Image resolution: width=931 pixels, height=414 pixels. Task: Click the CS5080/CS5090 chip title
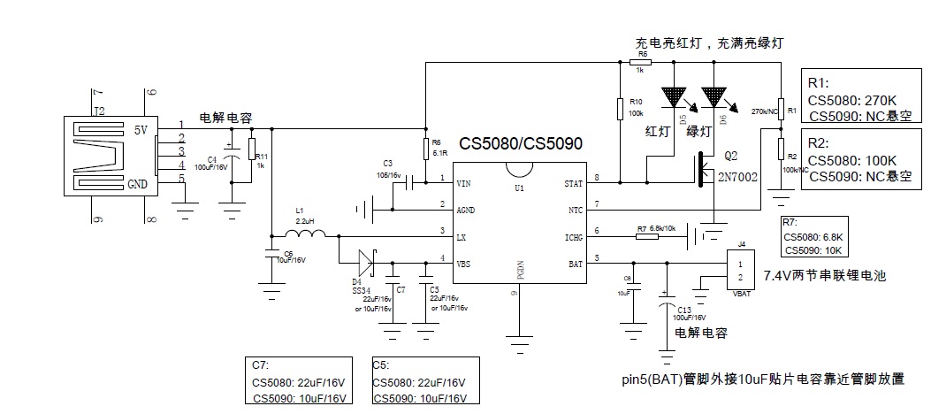[x=520, y=144]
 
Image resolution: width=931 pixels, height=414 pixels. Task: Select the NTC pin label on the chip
[x=576, y=210]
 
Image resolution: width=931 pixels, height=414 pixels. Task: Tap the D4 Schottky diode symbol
[x=366, y=262]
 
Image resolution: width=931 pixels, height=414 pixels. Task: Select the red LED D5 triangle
[x=675, y=97]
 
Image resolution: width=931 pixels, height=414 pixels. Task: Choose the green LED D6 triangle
[x=714, y=97]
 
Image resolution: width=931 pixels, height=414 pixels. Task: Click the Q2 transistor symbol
[x=705, y=171]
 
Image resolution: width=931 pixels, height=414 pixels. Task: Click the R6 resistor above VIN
[x=425, y=147]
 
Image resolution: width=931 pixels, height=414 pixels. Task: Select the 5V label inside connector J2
[x=141, y=130]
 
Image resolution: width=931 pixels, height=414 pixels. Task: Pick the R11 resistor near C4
[x=251, y=149]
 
